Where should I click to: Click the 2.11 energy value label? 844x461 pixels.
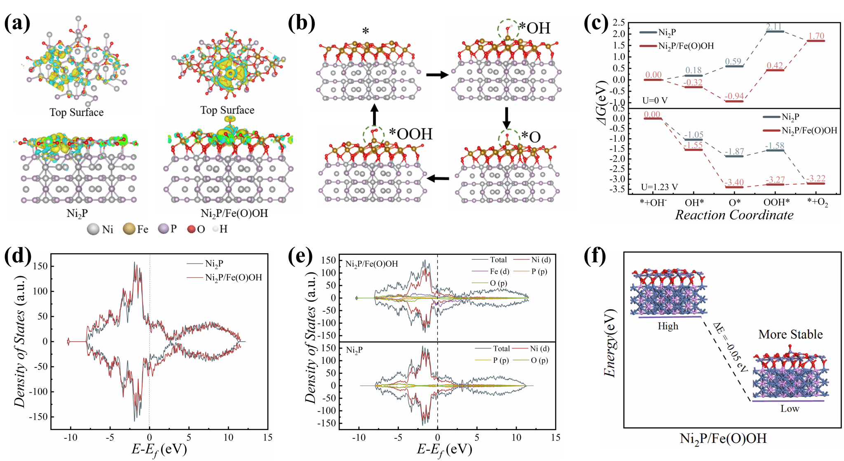pyautogui.click(x=774, y=27)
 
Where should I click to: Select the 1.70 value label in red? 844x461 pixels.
pyautogui.click(x=816, y=36)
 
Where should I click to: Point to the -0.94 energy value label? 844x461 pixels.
pyautogui.click(x=734, y=96)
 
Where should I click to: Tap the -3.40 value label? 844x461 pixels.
pyautogui.click(x=734, y=182)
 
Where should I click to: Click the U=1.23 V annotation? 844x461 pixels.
pyautogui.click(x=659, y=187)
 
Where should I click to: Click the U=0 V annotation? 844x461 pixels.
pyautogui.click(x=655, y=100)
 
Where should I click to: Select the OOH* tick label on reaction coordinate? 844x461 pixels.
pyautogui.click(x=776, y=202)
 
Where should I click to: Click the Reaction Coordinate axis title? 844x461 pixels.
pyautogui.click(x=734, y=215)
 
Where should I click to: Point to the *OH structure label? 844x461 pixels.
pyautogui.click(x=535, y=28)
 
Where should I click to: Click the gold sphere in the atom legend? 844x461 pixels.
pyautogui.click(x=129, y=229)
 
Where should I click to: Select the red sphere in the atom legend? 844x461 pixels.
pyautogui.click(x=191, y=229)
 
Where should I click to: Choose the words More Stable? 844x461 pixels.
pyautogui.click(x=790, y=334)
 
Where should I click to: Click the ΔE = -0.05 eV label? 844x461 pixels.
pyautogui.click(x=730, y=347)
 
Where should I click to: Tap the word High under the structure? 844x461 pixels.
pyautogui.click(x=668, y=326)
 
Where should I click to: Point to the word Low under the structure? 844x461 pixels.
pyautogui.click(x=790, y=409)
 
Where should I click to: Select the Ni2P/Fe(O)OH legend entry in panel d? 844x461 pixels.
pyautogui.click(x=233, y=278)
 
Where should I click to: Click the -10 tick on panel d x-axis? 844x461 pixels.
pyautogui.click(x=70, y=437)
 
